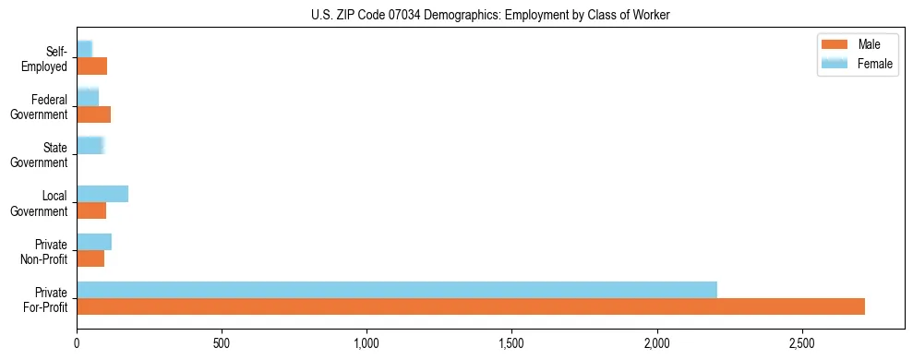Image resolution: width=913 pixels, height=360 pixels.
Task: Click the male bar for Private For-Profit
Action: [x=471, y=306]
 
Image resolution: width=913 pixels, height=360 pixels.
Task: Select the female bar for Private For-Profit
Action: [x=397, y=289]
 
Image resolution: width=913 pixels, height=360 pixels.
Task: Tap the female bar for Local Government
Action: [x=102, y=193]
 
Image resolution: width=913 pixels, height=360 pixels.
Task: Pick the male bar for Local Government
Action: [x=91, y=210]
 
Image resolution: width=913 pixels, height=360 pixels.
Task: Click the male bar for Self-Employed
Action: [x=91, y=66]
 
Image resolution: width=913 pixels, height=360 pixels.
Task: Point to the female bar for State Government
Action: [x=90, y=145]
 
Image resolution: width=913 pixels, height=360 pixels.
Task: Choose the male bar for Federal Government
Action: [x=93, y=114]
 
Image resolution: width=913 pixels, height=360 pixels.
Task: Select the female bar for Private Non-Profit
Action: [x=94, y=241]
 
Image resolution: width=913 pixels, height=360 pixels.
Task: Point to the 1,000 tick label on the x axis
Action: [x=366, y=343]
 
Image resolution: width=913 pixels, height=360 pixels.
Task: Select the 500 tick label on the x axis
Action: [x=222, y=343]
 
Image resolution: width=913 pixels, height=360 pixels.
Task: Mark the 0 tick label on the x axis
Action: [x=77, y=343]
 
